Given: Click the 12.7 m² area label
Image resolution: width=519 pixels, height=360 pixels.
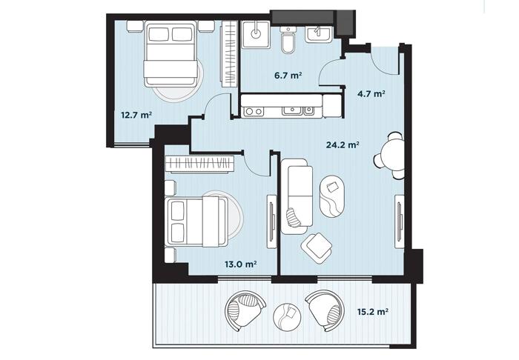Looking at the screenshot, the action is (136, 115).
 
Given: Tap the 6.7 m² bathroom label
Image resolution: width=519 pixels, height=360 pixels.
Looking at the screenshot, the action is (288, 76).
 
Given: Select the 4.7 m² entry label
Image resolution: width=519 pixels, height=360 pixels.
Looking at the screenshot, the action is (371, 94).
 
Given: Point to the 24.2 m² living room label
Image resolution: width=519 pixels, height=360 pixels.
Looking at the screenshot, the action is (343, 144).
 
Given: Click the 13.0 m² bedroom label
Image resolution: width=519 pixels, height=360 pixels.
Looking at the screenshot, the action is (241, 264).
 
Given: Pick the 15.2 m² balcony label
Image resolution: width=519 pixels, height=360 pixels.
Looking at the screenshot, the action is (373, 311).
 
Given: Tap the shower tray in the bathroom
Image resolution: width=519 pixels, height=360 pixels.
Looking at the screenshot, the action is (256, 34).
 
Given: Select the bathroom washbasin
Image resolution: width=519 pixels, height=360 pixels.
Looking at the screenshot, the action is (318, 33).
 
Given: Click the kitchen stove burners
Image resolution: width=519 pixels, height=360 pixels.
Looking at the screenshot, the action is (254, 111).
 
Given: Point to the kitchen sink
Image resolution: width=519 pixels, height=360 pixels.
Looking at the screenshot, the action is (297, 111).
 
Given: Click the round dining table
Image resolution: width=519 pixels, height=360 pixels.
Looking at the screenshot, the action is (393, 155).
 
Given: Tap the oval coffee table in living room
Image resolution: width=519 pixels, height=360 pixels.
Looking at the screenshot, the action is (332, 196).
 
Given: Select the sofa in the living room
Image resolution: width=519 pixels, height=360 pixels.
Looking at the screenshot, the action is (297, 196).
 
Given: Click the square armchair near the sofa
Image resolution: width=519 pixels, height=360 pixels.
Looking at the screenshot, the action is (317, 248).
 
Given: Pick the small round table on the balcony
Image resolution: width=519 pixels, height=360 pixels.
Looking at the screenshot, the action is (287, 316).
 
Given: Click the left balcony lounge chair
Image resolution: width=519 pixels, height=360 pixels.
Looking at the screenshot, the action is (244, 311).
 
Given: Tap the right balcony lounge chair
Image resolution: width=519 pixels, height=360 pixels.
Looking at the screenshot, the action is (324, 311).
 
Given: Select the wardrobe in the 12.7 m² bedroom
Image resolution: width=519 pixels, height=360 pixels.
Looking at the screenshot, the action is (230, 54).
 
